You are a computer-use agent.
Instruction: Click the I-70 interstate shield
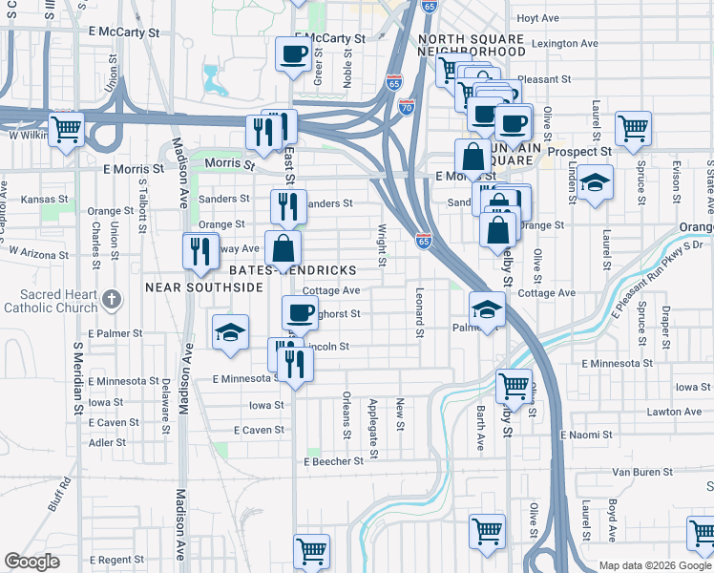[407, 108]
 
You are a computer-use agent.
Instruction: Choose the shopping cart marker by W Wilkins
[66, 129]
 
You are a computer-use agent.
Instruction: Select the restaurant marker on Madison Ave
[200, 250]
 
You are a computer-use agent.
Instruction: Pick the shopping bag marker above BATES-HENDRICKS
[283, 248]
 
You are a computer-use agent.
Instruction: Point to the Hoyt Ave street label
[537, 18]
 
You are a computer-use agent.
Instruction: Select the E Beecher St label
[334, 461]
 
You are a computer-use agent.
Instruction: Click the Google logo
[31, 562]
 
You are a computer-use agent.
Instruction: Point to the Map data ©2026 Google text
[655, 565]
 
